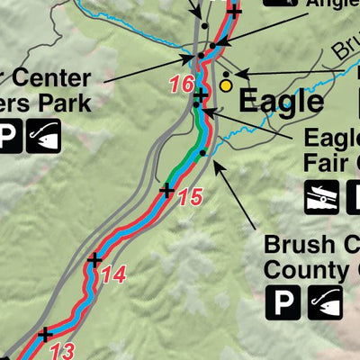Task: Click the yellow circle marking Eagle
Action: coord(226,85)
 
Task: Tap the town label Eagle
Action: coord(282,101)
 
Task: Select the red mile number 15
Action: coord(189,196)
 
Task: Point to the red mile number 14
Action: coord(112,275)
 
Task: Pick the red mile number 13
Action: coord(62,350)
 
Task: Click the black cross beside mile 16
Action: coord(200,94)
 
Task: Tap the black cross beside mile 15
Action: coord(166,190)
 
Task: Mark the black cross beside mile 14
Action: coord(94,261)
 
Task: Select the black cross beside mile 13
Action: coord(45,335)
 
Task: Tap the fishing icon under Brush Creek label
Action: coord(326,303)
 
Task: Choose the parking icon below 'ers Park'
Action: coord(6,137)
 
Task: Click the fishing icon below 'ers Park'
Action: coord(42,137)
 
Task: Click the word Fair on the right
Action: coord(326,164)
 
